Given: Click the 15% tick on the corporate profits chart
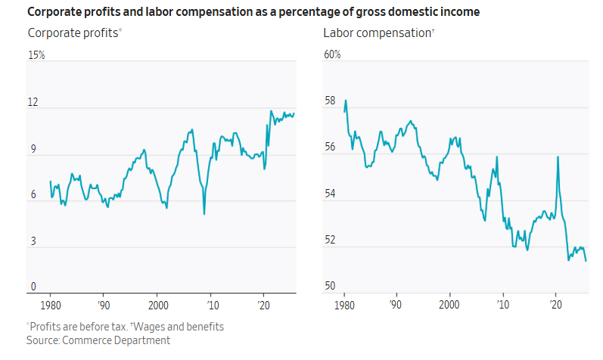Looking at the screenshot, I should pos(37,55).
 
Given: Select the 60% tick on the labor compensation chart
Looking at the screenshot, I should pos(332,55).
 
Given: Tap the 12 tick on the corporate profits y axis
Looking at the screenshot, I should pos(33,102).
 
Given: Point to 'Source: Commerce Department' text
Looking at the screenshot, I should pos(98,340).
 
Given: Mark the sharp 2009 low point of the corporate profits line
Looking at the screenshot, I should pos(204,214).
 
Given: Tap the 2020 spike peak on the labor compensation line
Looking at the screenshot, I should pos(558,157).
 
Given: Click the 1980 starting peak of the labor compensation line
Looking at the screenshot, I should pos(346,100).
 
